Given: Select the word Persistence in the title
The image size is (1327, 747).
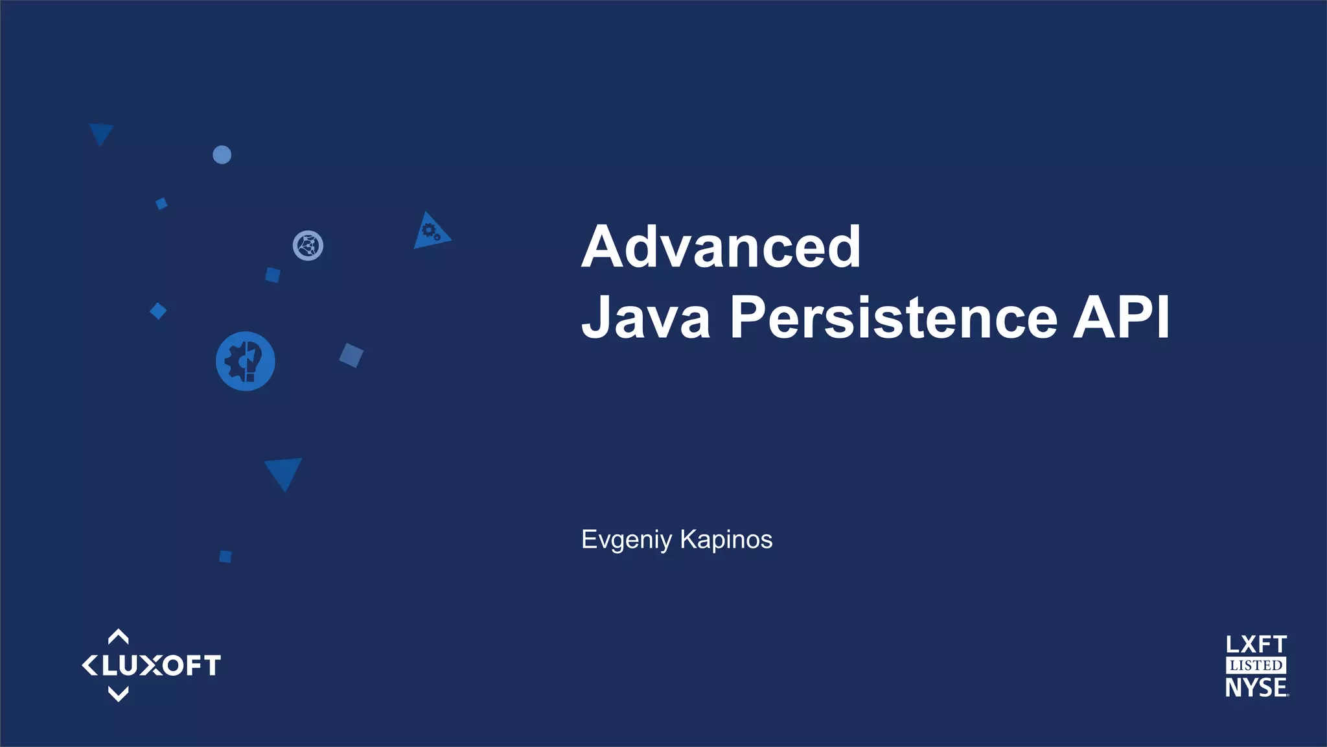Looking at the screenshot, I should pos(894,318).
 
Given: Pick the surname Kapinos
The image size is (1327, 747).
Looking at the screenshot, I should pos(726,539).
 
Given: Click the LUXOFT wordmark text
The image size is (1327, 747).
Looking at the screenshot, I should pos(161,666).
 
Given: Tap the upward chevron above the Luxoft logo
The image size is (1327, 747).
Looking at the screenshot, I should pos(118,636).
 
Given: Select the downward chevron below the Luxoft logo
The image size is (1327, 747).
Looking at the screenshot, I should pos(118,694).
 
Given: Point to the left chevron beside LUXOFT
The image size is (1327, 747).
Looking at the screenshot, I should pos(89,665).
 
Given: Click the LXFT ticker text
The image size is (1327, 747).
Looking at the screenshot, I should pos(1256,645).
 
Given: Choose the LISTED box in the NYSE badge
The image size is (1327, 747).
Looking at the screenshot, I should pos(1256,665).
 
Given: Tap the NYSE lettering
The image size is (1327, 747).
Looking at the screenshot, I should pos(1256,687).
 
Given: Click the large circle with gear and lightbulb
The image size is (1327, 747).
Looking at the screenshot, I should pos(245,361).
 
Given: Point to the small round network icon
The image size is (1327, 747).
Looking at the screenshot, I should pos(308,246).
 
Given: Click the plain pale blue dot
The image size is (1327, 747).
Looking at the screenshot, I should pos(222,155).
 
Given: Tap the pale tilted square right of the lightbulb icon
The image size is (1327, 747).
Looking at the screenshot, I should pos(351,355).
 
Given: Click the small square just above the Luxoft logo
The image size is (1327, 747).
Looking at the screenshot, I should pos(225,556).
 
